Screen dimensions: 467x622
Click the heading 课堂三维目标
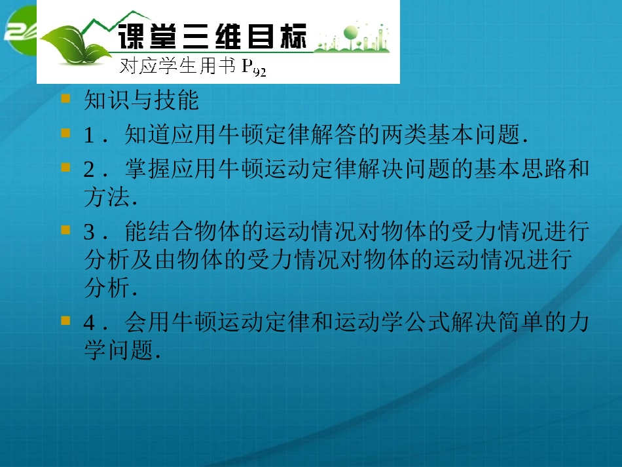pos(211,36)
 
